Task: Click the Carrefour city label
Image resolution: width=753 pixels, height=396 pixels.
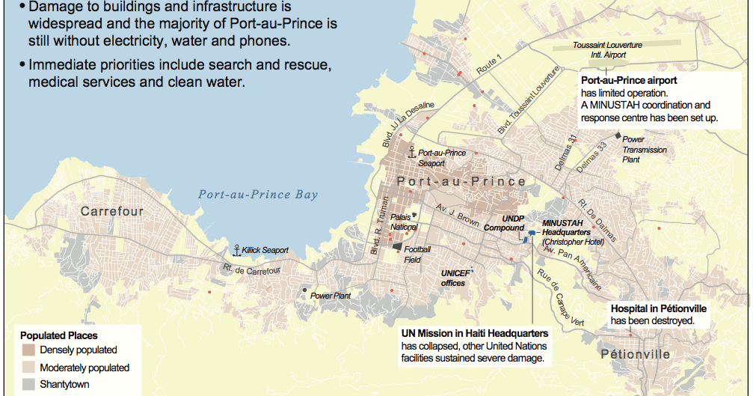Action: click(111, 211)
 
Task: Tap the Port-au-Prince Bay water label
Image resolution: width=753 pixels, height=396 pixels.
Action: click(257, 195)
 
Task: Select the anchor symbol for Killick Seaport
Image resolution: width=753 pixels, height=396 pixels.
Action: click(237, 250)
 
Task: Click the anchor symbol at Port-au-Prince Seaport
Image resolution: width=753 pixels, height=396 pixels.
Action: click(411, 152)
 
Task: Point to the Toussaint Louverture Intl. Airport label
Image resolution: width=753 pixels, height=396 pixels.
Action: click(607, 50)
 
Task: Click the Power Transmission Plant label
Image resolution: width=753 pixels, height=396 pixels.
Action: click(645, 150)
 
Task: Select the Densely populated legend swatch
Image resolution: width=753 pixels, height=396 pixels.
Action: click(28, 350)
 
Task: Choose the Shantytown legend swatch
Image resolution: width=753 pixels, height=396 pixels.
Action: click(28, 385)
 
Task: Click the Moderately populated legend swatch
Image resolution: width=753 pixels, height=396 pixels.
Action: click(28, 368)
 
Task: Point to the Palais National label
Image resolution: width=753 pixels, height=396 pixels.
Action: click(404, 222)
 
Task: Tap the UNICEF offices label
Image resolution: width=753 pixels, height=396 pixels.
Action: click(453, 278)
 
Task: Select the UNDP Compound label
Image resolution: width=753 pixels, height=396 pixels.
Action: click(504, 222)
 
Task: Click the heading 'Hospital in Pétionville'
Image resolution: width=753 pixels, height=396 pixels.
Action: click(658, 308)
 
